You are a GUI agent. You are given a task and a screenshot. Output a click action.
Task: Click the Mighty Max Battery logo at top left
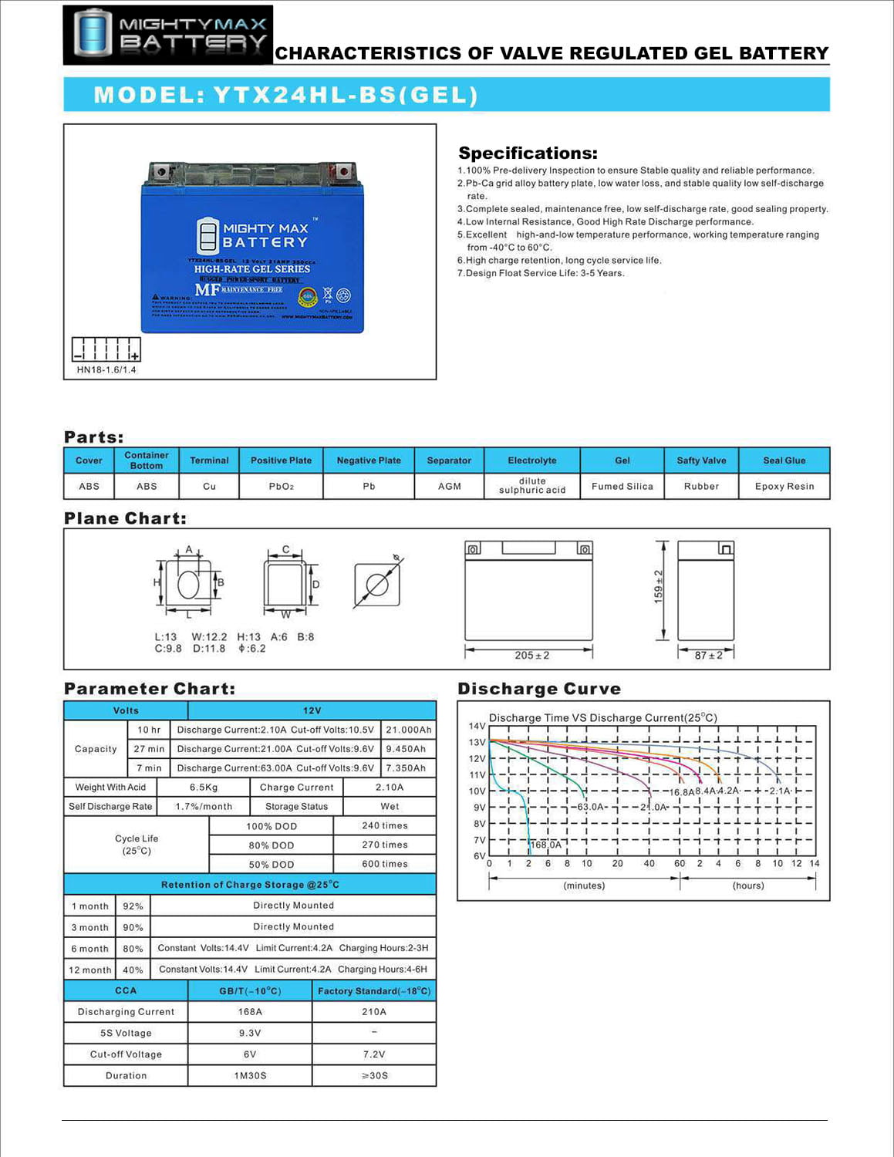(x=168, y=35)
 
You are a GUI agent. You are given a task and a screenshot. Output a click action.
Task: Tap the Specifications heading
(x=528, y=153)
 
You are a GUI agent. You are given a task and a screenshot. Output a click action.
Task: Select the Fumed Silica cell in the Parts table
(x=622, y=487)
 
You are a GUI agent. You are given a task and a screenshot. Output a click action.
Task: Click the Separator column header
(x=449, y=460)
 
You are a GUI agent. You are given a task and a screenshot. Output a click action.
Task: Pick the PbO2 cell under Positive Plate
(x=281, y=487)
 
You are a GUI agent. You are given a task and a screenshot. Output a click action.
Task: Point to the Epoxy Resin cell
(x=784, y=487)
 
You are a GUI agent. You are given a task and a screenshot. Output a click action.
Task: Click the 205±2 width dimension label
(x=531, y=656)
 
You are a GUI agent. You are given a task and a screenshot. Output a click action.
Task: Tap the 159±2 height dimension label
(x=659, y=586)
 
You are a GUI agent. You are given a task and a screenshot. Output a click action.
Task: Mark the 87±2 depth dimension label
(x=708, y=656)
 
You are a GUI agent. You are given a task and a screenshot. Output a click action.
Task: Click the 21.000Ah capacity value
(x=409, y=730)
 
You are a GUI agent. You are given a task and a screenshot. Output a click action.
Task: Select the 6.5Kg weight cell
(x=204, y=788)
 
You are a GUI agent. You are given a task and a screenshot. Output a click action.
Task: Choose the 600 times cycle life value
(x=384, y=864)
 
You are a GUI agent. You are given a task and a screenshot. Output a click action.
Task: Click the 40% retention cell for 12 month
(x=133, y=970)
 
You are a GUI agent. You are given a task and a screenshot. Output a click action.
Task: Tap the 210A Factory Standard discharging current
(x=374, y=1012)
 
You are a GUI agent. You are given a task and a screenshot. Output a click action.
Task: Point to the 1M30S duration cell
(x=250, y=1076)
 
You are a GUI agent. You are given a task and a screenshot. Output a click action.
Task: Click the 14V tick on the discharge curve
(x=477, y=726)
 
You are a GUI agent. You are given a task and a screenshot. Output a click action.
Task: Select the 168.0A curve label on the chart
(x=545, y=845)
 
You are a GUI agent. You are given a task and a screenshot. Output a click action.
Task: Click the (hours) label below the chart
(x=747, y=885)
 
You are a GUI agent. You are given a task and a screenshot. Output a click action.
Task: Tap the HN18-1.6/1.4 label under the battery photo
(x=106, y=370)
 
